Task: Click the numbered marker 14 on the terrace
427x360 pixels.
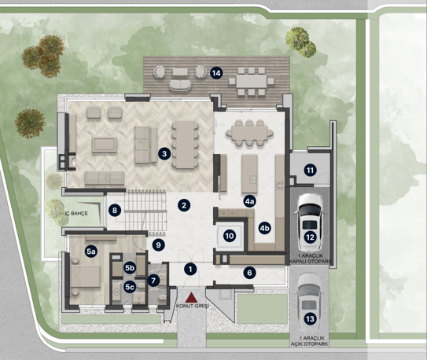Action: [x=216, y=73]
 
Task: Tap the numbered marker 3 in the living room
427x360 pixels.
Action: [x=164, y=154]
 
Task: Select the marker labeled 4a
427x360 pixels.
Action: [x=249, y=201]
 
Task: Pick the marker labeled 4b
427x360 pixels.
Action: [x=264, y=228]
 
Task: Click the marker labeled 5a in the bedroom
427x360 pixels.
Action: [x=91, y=252]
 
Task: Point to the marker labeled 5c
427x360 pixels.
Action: [x=129, y=287]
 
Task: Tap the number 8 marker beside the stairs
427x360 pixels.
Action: [x=114, y=210]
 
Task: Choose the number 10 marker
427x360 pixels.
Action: [x=230, y=236]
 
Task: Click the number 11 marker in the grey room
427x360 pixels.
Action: [x=310, y=171]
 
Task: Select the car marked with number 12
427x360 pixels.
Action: [x=310, y=222]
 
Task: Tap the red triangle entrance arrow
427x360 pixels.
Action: [x=192, y=298]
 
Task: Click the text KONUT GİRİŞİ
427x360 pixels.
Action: [x=193, y=306]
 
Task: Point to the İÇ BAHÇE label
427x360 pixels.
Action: [x=76, y=213]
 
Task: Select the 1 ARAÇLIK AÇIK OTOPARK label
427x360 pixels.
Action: [x=310, y=341]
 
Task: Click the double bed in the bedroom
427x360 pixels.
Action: [x=86, y=276]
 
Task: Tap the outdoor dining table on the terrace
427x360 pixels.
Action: [x=252, y=81]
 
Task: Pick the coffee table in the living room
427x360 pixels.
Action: [x=105, y=145]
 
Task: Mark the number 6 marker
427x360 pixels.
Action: [x=249, y=273]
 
